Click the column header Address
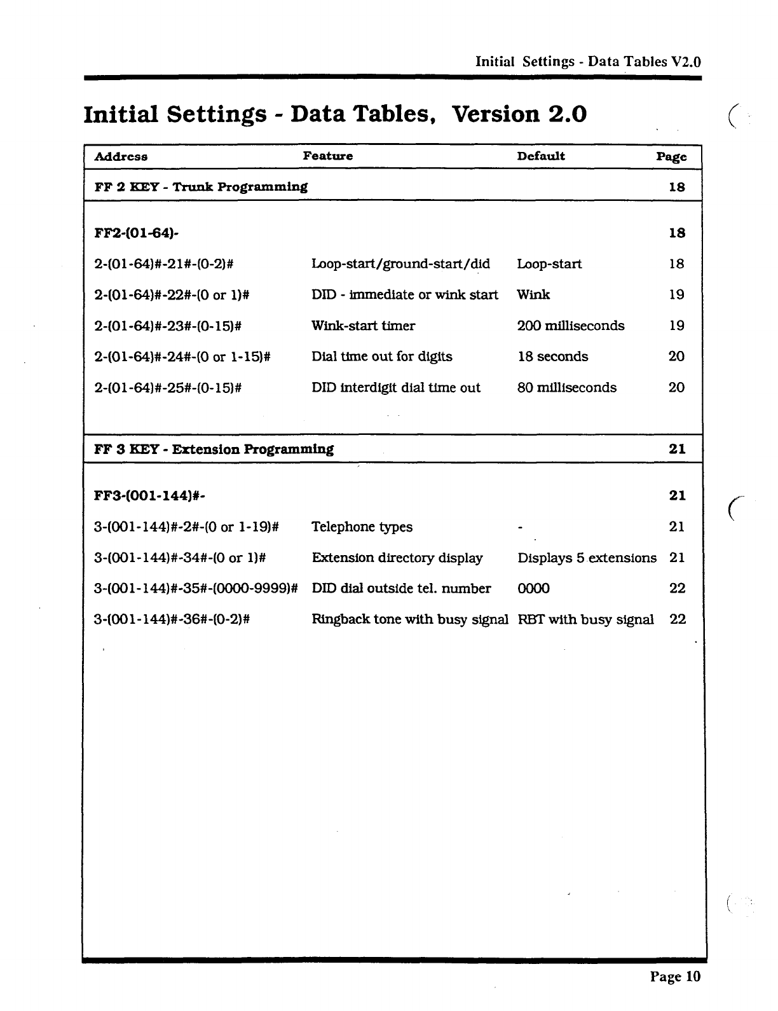pyautogui.click(x=121, y=156)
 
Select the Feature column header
pyautogui.click(x=327, y=156)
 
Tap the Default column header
pyautogui.click(x=540, y=156)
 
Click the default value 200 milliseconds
pyautogui.click(x=571, y=326)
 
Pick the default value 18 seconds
pyautogui.click(x=552, y=357)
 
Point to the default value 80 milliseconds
pyautogui.click(x=566, y=388)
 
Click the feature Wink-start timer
pyautogui.click(x=363, y=326)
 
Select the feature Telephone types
pyautogui.click(x=362, y=527)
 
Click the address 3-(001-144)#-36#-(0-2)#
pyautogui.click(x=171, y=619)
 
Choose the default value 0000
pyautogui.click(x=533, y=589)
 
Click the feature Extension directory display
pyautogui.click(x=397, y=558)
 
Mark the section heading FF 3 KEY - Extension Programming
pyautogui.click(x=214, y=450)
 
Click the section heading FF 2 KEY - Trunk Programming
pyautogui.click(x=201, y=187)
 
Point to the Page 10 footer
pyautogui.click(x=674, y=977)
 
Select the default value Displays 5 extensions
pyautogui.click(x=587, y=558)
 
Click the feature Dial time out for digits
pyautogui.click(x=381, y=357)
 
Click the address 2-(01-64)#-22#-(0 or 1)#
pyautogui.click(x=171, y=295)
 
